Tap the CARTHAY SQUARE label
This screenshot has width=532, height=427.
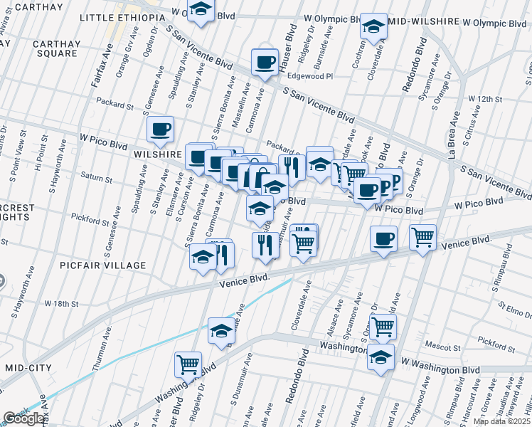pos(55,48)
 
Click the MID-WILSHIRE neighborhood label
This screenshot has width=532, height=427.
pos(426,22)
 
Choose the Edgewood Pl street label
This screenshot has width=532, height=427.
pos(310,76)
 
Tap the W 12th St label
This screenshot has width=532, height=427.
pos(486,98)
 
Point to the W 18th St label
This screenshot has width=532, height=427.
pos(61,303)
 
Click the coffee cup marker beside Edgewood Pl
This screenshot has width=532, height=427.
pos(265,61)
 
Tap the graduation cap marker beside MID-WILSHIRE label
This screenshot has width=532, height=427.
pos(373,26)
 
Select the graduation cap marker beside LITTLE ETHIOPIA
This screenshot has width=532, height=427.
pos(201,10)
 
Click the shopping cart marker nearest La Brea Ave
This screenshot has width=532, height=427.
pos(422,236)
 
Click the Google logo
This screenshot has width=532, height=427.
pos(24,419)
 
